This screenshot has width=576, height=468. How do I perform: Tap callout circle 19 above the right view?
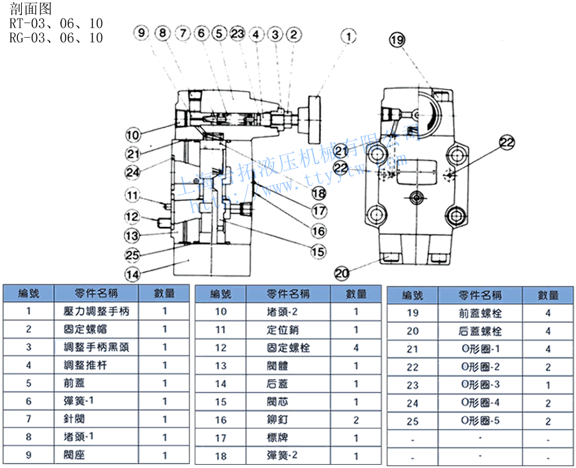point(397,41)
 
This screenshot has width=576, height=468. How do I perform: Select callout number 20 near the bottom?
point(342,271)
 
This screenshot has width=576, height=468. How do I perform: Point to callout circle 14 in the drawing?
point(133,273)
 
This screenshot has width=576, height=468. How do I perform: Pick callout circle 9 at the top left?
point(141,32)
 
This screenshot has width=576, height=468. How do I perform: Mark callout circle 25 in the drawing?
point(133,254)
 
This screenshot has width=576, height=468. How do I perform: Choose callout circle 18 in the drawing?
point(320,193)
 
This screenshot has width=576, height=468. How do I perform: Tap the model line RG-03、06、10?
point(56,38)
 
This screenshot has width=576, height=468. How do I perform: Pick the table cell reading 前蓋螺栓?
point(480,313)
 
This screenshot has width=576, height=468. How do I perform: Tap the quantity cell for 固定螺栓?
point(356,347)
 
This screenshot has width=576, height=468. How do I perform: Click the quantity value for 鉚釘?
point(356,420)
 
